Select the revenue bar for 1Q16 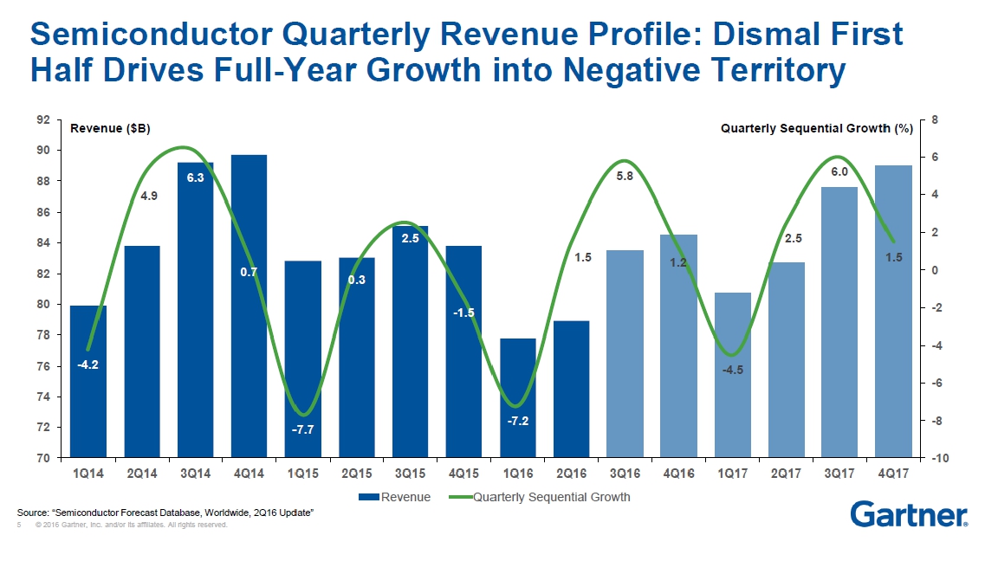[518, 398]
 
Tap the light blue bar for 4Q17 [893, 312]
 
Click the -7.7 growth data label [303, 429]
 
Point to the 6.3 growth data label [196, 177]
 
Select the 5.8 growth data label [625, 177]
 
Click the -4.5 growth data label [733, 370]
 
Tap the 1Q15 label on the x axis [303, 474]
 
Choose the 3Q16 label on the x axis [625, 474]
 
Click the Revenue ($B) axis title [110, 128]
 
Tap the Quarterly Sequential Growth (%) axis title [817, 128]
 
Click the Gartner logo [909, 514]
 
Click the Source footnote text [165, 514]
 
